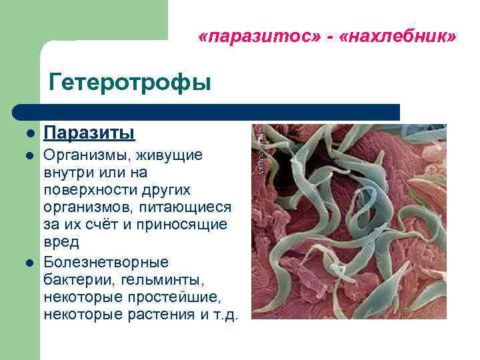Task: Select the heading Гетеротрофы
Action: point(129,83)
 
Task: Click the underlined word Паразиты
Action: point(89,133)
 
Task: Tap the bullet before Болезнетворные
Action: point(30,262)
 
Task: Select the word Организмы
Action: point(85,155)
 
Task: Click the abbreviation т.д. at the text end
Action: point(225,313)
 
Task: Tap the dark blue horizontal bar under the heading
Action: point(207,111)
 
